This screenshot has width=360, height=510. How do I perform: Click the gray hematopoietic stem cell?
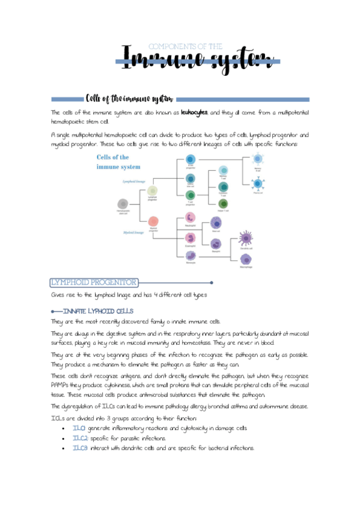point(123,203)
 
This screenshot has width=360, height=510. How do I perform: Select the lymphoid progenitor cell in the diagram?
point(153,191)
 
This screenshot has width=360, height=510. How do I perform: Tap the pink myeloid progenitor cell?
point(153,221)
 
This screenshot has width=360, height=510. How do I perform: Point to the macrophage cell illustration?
point(245,259)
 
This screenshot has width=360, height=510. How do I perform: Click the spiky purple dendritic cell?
point(245,236)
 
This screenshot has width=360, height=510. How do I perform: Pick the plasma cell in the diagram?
point(258,185)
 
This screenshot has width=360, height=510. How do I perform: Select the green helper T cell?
point(223,204)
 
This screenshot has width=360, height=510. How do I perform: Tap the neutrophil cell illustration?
point(190,219)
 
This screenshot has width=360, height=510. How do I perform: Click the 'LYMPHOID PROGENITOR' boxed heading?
point(95,282)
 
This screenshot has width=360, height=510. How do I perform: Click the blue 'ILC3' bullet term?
point(79,448)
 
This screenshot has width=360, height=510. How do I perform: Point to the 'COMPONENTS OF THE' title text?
point(185,46)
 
